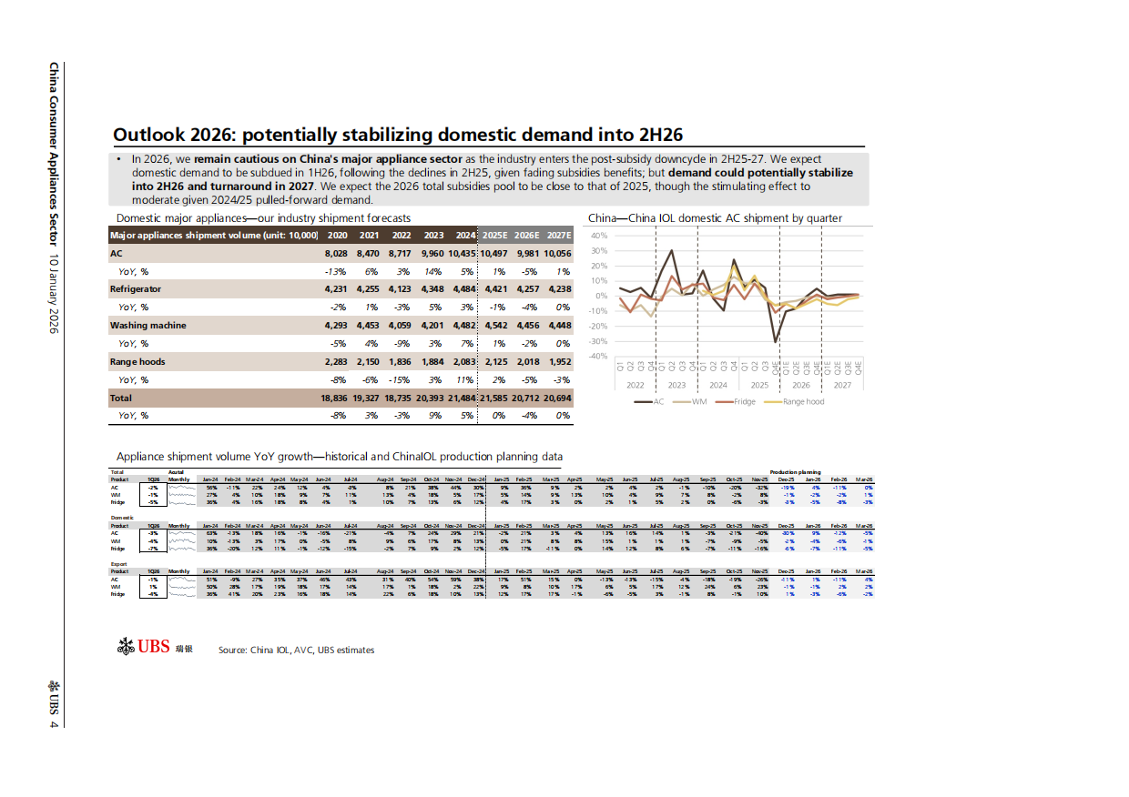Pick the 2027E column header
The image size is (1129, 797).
559,236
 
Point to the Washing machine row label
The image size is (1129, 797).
148,326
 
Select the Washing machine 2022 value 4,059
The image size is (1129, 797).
399,326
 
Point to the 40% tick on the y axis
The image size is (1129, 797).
598,236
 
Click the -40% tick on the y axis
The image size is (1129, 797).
596,356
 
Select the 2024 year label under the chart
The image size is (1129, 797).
717,385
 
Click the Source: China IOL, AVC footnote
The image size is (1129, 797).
296,651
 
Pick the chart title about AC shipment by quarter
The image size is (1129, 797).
715,218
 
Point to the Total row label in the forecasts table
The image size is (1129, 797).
121,398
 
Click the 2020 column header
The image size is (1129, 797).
337,236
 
